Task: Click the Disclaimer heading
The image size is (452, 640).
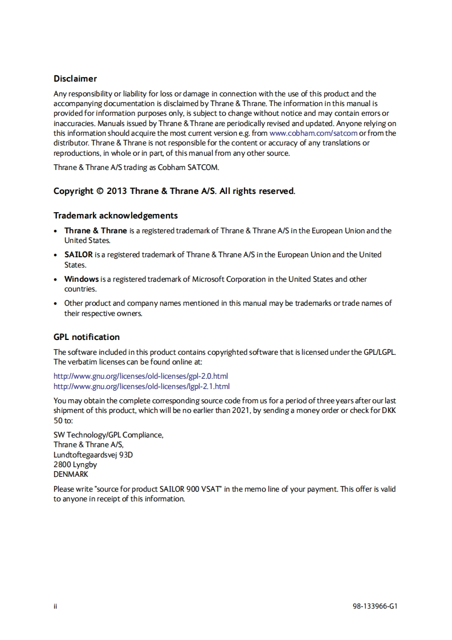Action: coord(75,79)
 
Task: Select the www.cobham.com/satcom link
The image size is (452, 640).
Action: coord(313,133)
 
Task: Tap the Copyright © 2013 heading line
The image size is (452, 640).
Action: coord(174,191)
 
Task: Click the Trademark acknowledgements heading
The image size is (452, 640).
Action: coord(116,216)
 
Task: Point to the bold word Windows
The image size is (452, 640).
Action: coord(81,279)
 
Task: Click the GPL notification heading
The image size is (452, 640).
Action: coord(87,337)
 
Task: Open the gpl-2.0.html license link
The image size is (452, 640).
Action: coord(141,376)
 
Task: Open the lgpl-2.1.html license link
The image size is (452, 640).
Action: coord(141,386)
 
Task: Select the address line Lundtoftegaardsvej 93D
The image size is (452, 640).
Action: coord(93,455)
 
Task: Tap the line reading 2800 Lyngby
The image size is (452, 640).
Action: coord(75,464)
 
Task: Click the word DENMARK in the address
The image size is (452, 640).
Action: coord(71,474)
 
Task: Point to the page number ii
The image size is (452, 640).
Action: coord(55,606)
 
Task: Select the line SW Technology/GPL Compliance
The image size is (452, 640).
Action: coord(108,435)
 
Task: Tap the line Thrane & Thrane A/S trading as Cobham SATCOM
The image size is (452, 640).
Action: coord(136,167)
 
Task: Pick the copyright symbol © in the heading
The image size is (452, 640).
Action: coord(101,191)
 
